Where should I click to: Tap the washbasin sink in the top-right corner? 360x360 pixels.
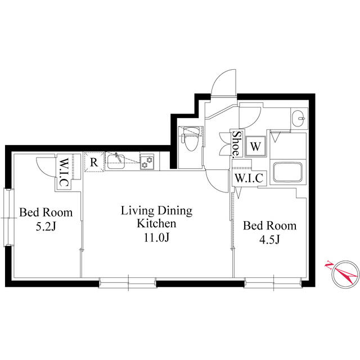pyautogui.click(x=299, y=119)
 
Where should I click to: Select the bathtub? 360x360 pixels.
pyautogui.click(x=287, y=172)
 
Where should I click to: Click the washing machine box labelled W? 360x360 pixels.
pyautogui.click(x=255, y=146)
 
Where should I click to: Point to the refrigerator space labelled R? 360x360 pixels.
pyautogui.click(x=94, y=162)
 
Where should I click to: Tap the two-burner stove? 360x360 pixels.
pyautogui.click(x=147, y=161)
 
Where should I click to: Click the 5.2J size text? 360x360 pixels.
pyautogui.click(x=46, y=227)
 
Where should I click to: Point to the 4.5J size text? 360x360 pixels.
pyautogui.click(x=269, y=240)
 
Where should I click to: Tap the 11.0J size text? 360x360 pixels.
pyautogui.click(x=156, y=237)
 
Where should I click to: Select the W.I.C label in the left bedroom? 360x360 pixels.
pyautogui.click(x=64, y=172)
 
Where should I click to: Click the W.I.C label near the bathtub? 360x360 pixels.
pyautogui.click(x=249, y=178)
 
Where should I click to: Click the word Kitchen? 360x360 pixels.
pyautogui.click(x=156, y=223)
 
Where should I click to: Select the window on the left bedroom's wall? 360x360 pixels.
pyautogui.click(x=9, y=218)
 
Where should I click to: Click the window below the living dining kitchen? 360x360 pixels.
pyautogui.click(x=128, y=282)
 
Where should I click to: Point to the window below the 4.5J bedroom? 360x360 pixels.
pyautogui.click(x=273, y=282)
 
